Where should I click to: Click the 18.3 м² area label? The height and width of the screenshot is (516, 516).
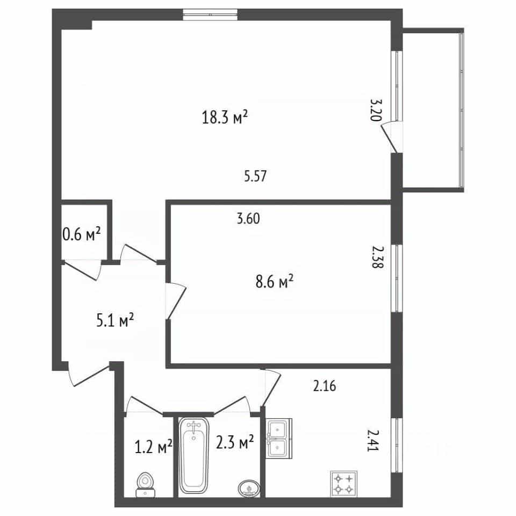coord(225,117)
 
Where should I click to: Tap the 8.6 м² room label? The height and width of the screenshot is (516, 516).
coord(274,282)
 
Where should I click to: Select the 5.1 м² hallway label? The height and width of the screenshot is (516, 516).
coord(115,320)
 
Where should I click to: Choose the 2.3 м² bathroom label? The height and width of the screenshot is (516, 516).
coord(235,442)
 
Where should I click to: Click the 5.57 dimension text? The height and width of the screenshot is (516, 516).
coord(255,176)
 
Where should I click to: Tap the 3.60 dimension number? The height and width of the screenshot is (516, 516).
coord(248,219)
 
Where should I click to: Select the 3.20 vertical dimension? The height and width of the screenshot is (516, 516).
coord(376,110)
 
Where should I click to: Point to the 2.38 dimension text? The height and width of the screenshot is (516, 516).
coord(377,257)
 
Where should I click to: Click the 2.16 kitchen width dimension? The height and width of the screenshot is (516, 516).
coord(325,386)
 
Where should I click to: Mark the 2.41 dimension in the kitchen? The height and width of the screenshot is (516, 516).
coord(373,441)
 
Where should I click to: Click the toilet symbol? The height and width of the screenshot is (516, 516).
coord(145,485)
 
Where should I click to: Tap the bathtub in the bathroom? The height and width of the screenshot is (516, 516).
coord(194,455)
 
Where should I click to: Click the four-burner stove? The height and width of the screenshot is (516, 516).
coord(343,484)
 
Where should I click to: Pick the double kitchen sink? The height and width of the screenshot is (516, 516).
coord(279,439)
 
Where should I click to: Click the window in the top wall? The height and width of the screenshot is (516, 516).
coord(210,15)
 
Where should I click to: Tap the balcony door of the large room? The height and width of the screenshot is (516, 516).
coord(392,137)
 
